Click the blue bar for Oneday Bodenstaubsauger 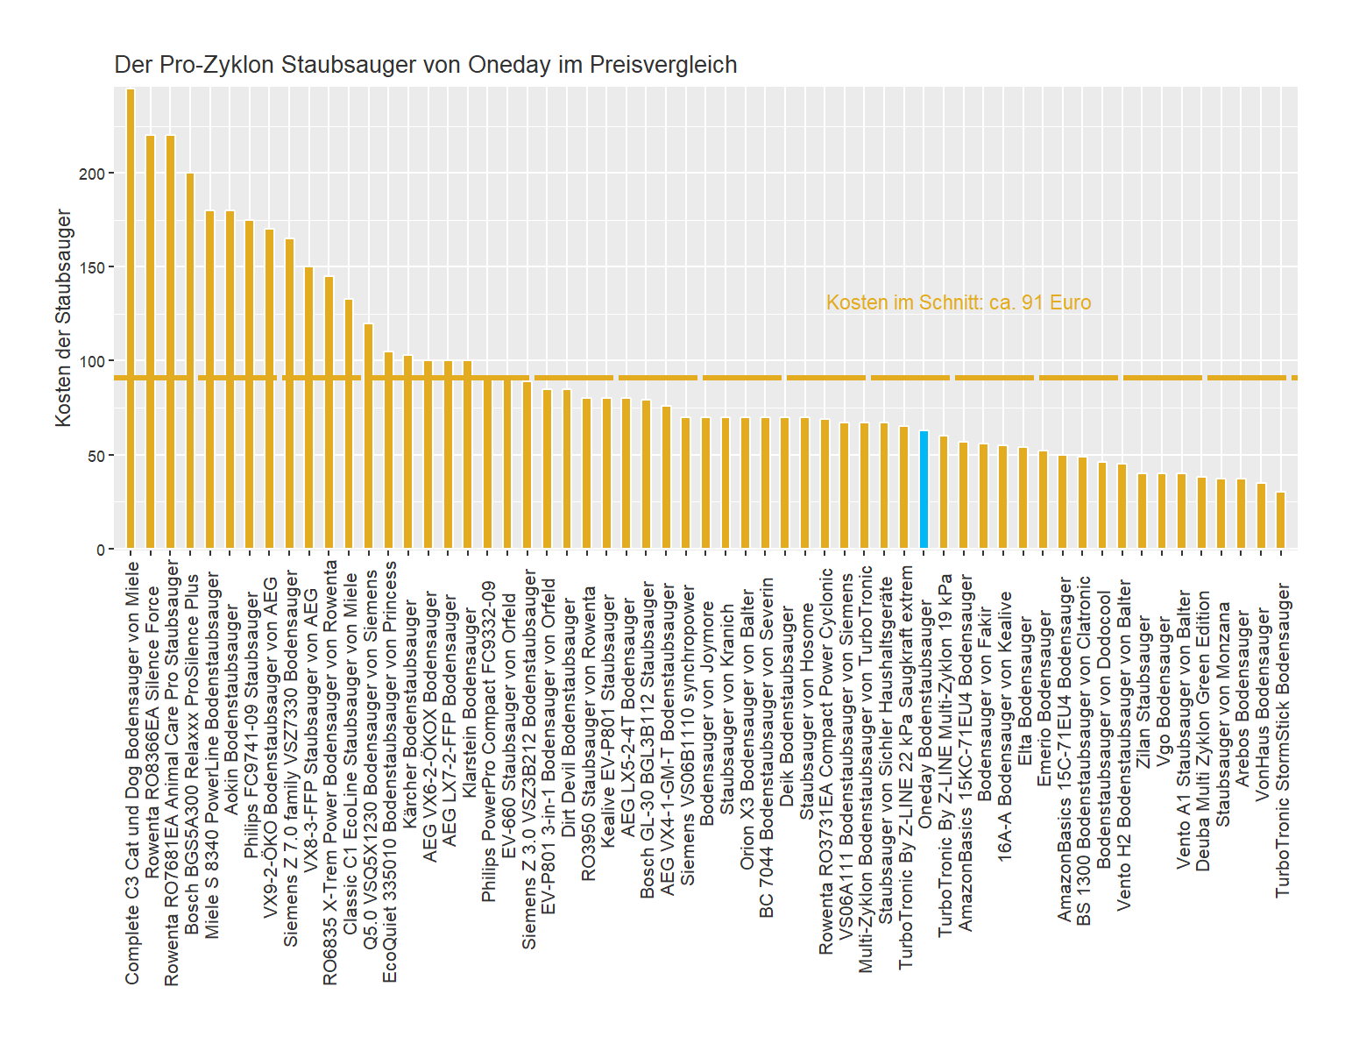click(924, 490)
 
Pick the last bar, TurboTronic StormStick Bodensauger click(1280, 521)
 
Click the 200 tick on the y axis click(91, 174)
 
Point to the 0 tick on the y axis click(100, 550)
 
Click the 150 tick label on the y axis click(91, 267)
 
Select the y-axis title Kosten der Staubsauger click(63, 318)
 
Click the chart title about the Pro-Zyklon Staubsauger click(425, 65)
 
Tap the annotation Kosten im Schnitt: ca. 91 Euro click(958, 303)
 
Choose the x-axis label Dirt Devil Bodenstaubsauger click(568, 719)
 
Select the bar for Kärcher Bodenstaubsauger click(407, 452)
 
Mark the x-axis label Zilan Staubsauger click(1143, 692)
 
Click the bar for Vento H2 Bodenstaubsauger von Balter click(1122, 507)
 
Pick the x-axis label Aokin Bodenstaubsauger click(230, 710)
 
